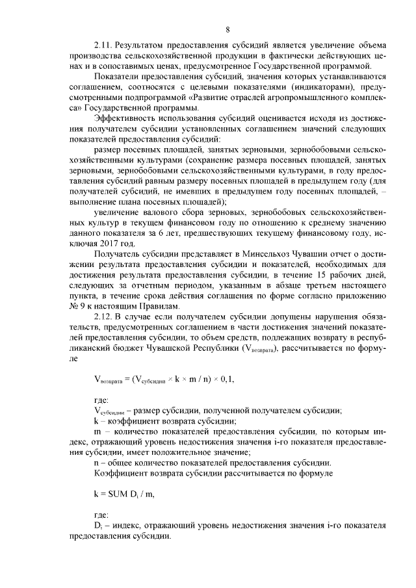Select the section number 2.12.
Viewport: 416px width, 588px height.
click(x=105, y=316)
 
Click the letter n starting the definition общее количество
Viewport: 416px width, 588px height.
click(x=97, y=463)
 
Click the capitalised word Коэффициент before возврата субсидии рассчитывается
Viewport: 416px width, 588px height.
click(x=123, y=474)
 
